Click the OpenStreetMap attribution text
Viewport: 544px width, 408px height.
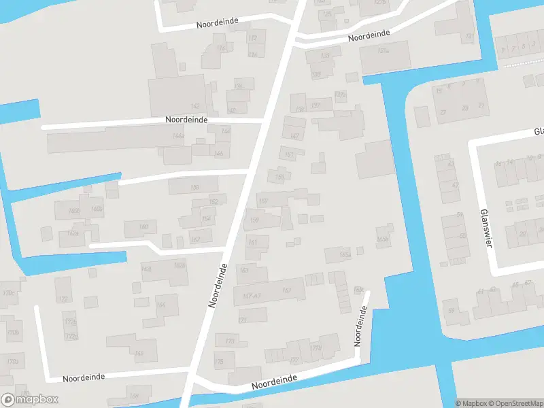point(515,403)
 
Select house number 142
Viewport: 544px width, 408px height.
point(195,106)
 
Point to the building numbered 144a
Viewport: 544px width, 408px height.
point(178,137)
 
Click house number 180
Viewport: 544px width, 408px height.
point(143,227)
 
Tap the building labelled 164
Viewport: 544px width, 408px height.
point(160,305)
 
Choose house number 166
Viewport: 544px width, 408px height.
point(139,353)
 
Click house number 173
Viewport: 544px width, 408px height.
point(230,340)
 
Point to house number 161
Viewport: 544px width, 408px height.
point(253,242)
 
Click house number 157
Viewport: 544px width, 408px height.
point(263,201)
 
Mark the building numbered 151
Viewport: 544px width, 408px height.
point(290,155)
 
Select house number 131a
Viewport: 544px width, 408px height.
point(384,50)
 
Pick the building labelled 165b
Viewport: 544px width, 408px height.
point(383,239)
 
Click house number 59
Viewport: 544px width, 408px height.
point(450,311)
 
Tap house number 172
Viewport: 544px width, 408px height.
point(63,299)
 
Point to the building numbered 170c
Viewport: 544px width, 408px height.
point(8,294)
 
